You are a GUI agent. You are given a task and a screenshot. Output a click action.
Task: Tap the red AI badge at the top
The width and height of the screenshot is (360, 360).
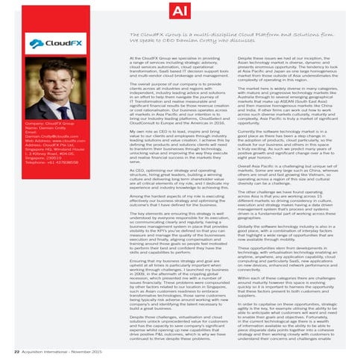[180, 10]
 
